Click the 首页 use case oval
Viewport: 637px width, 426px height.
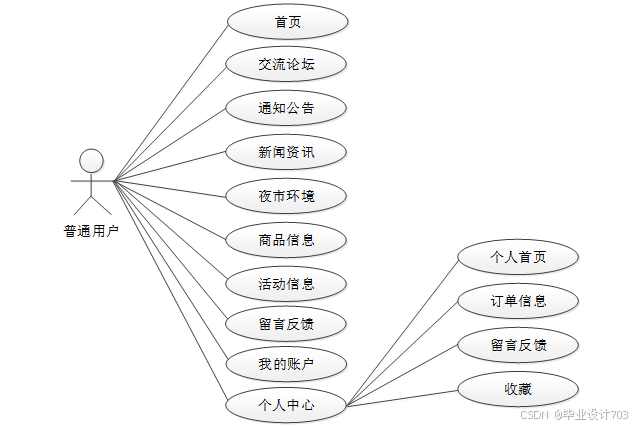pos(287,21)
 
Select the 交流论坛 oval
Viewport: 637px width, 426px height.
pos(287,65)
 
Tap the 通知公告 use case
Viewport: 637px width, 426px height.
pos(287,108)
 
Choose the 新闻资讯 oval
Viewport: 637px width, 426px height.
pos(287,152)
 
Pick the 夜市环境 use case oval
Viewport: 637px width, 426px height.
pos(287,195)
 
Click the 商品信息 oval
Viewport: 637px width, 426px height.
pos(287,239)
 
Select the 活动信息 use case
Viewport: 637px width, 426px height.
pos(287,283)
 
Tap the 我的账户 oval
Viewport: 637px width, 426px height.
pos(287,364)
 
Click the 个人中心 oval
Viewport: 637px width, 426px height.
pos(287,405)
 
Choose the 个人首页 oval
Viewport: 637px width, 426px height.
pos(518,257)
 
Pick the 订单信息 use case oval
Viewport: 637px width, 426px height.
pos(518,300)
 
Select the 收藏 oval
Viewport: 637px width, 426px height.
pos(518,388)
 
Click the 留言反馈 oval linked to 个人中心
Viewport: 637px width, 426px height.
pos(518,345)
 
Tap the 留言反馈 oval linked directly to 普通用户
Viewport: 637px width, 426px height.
pos(287,324)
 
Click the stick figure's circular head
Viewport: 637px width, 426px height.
pos(92,160)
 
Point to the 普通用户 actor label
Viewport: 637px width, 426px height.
pos(91,232)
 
